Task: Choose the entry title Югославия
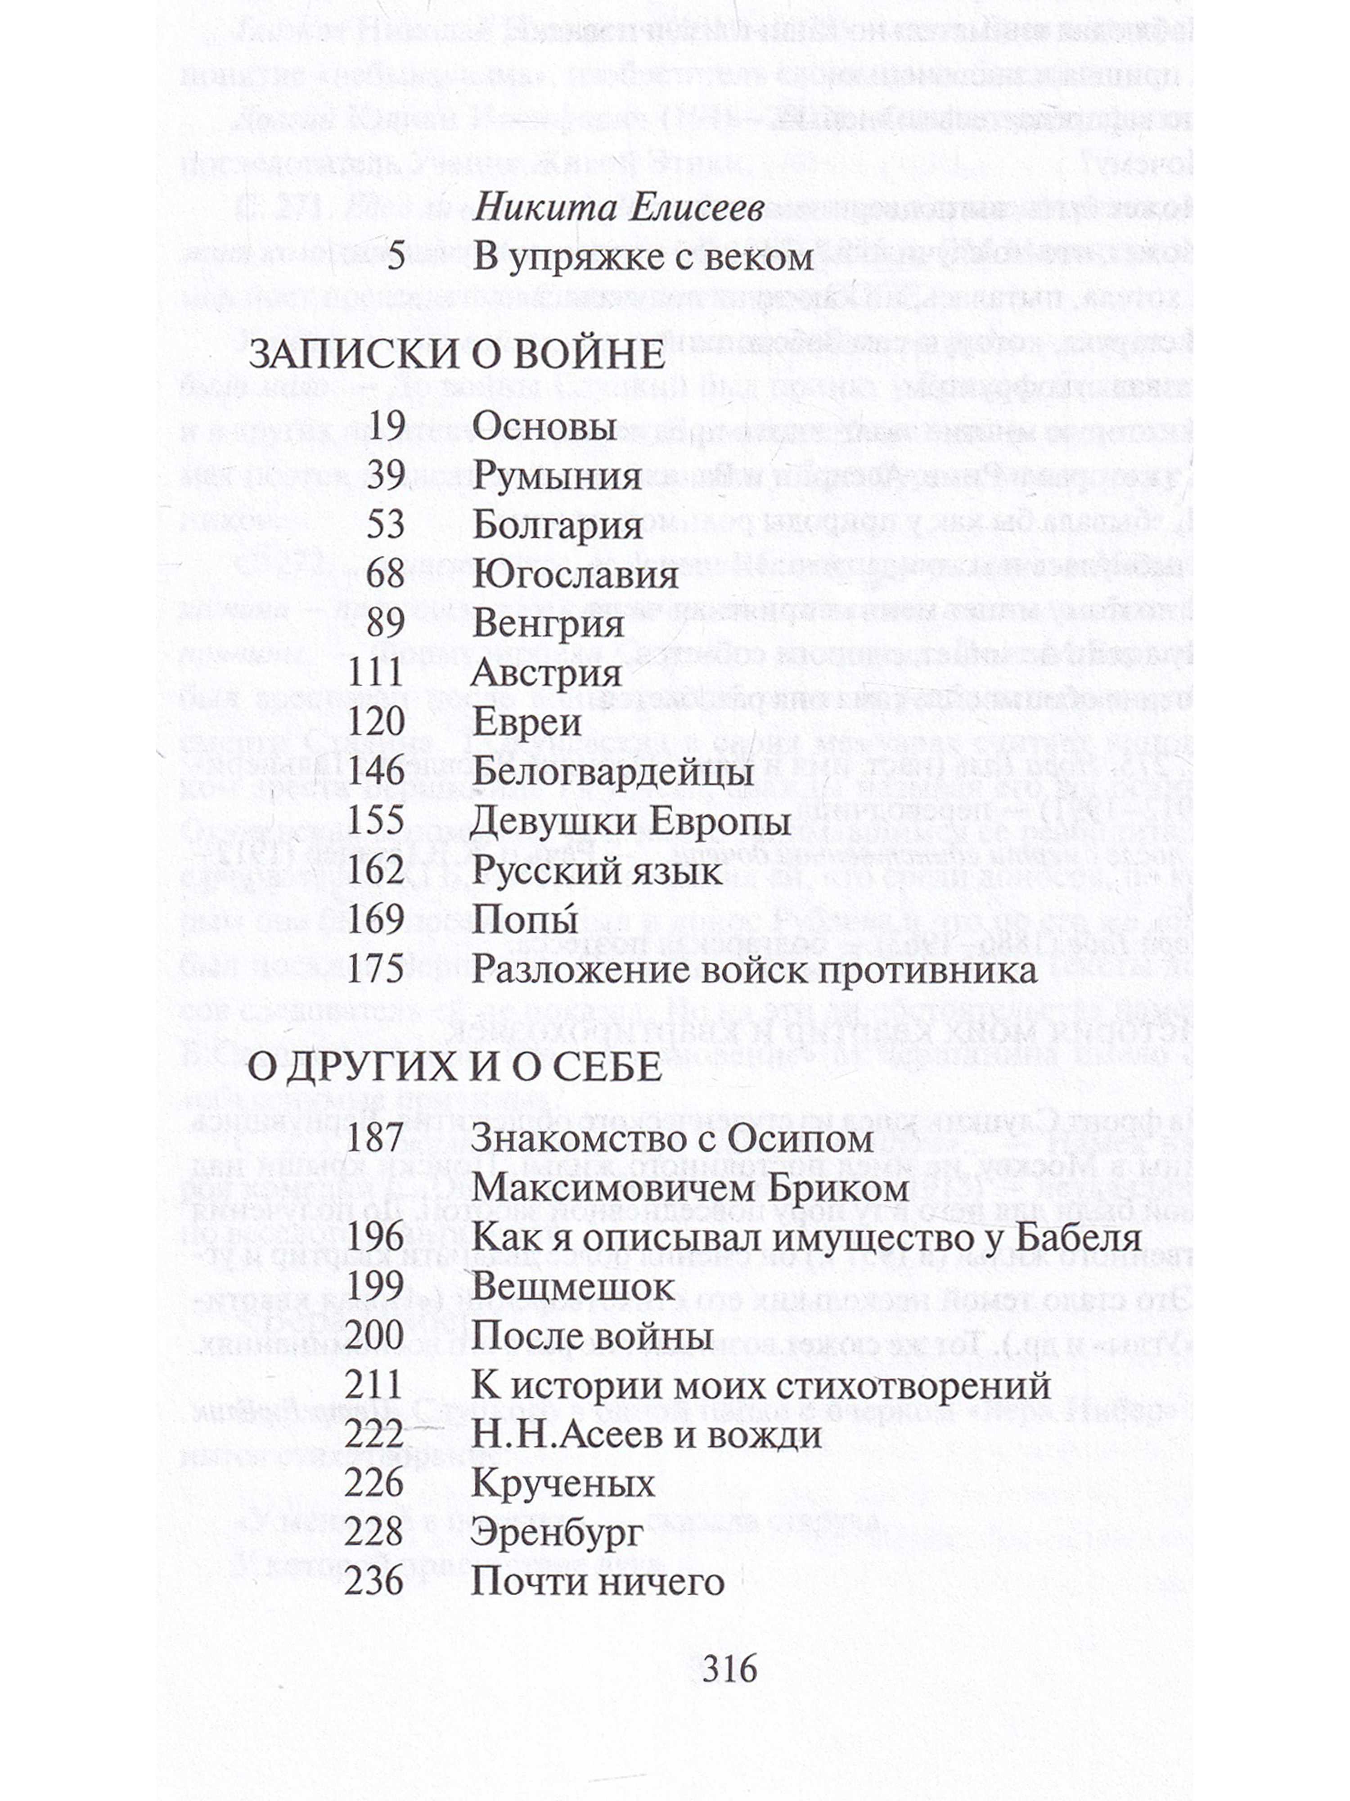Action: click(x=575, y=575)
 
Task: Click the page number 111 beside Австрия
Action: click(x=376, y=673)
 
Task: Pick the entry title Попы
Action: click(x=525, y=920)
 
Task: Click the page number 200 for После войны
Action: click(x=374, y=1336)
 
